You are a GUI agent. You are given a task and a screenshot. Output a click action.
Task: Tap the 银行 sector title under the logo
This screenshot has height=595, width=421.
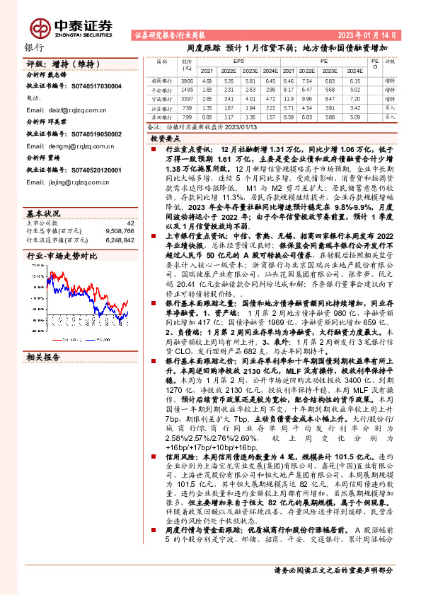pyautogui.click(x=34, y=47)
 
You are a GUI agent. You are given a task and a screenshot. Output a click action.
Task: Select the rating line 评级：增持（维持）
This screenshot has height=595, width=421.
pyautogui.click(x=57, y=64)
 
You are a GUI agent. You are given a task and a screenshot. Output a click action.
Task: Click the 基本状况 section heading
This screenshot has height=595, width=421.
pyautogui.click(x=42, y=213)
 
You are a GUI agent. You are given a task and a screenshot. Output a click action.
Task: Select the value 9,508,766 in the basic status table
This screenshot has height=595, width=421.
pyautogui.click(x=120, y=230)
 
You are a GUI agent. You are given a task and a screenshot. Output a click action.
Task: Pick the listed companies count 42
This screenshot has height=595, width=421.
pyautogui.click(x=130, y=223)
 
